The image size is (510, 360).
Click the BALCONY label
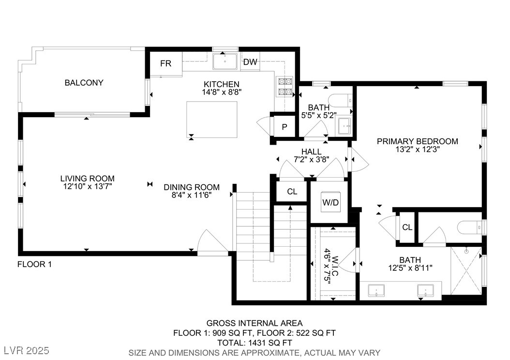tap(84, 83)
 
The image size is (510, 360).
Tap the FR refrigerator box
tap(166, 64)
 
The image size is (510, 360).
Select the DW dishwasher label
tap(250, 62)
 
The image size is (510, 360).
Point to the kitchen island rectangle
tap(212, 120)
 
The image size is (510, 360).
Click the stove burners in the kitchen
tap(285, 87)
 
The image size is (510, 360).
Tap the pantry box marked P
tap(285, 126)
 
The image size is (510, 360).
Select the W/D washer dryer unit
tap(330, 202)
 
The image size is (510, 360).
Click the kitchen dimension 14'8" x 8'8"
tap(222, 92)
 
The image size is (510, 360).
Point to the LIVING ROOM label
tap(88, 179)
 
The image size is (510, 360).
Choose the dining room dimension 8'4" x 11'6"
tap(192, 195)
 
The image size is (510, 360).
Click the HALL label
tap(311, 151)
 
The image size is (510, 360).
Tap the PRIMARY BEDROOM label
tap(418, 141)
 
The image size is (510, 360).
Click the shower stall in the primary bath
tap(466, 271)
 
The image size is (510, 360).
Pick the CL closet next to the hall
tap(292, 192)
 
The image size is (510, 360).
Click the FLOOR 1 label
tap(34, 264)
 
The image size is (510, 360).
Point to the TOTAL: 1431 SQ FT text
tap(255, 343)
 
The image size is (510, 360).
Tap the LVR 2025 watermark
tap(26, 351)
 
